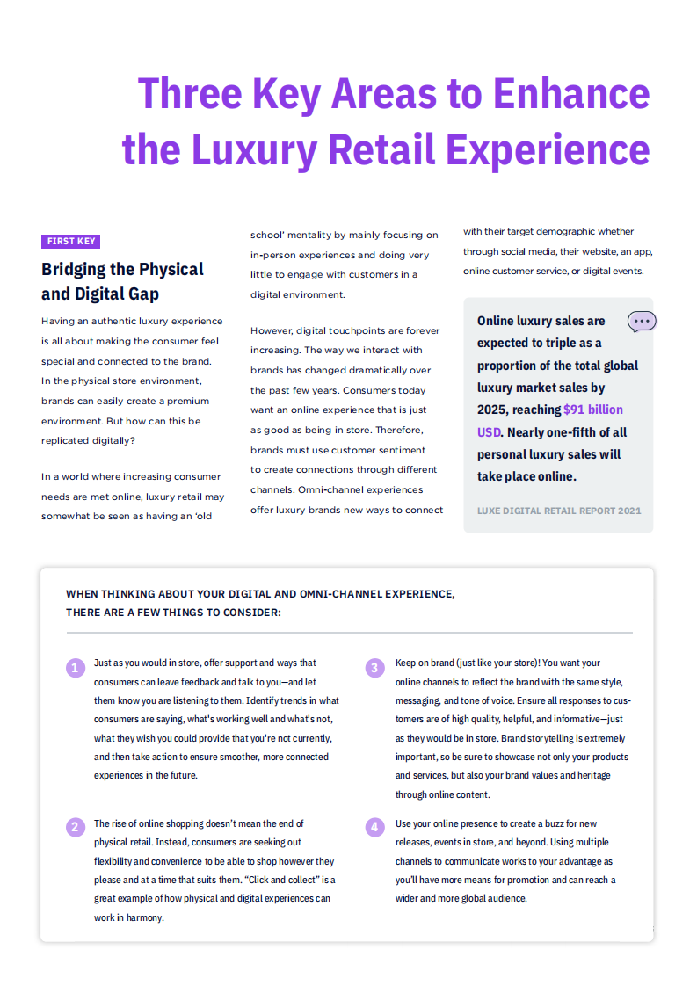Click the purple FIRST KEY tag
click(71, 242)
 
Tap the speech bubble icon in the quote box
click(642, 322)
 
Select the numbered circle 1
click(76, 668)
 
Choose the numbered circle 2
click(76, 826)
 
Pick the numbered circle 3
click(374, 668)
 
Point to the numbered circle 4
click(374, 826)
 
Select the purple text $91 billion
click(593, 410)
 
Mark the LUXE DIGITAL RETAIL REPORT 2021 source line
click(559, 511)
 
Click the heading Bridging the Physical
click(122, 269)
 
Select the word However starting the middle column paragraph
click(271, 330)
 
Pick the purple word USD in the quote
click(489, 432)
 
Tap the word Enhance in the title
click(571, 93)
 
